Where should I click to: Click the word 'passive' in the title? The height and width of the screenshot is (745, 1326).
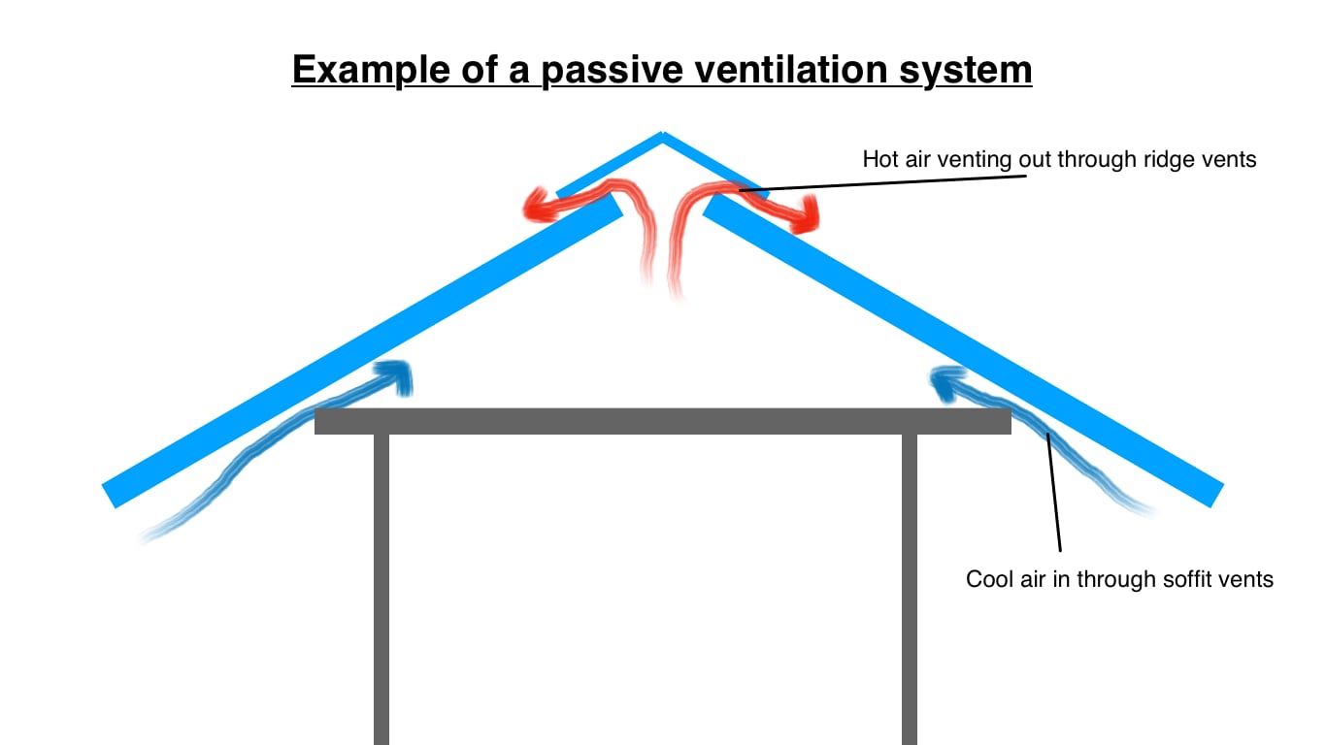pyautogui.click(x=611, y=72)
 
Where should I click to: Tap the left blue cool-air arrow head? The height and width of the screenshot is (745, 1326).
pyautogui.click(x=398, y=374)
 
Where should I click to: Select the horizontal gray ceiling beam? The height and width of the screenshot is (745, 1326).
pyautogui.click(x=663, y=421)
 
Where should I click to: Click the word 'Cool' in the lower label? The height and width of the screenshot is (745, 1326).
pyautogui.click(x=986, y=580)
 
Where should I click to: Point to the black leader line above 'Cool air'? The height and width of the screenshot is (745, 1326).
pyautogui.click(x=1054, y=495)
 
